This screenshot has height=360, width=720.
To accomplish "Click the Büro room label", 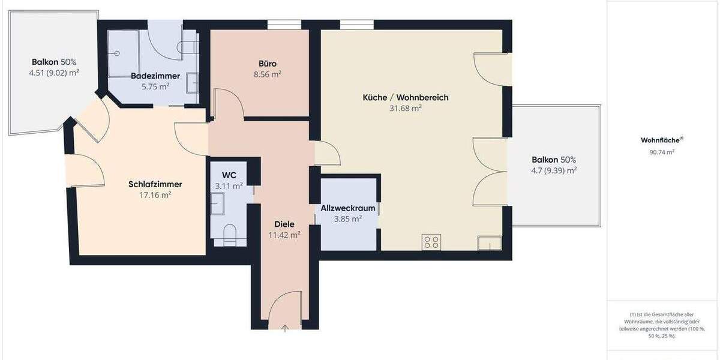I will coord(268,63).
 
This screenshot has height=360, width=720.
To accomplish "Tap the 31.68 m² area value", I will coord(406,109).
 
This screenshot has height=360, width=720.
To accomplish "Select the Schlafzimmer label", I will coord(155,184).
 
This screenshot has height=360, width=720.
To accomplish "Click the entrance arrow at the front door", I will coord(284,327).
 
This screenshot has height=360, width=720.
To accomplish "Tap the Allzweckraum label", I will coord(348,208).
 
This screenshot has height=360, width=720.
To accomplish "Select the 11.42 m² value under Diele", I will coord(284,235).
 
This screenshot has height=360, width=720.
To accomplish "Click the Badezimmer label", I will coord(150,76).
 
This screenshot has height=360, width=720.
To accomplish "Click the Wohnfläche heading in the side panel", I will coord(661,140).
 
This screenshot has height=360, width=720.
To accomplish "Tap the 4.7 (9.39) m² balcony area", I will coord(554,170).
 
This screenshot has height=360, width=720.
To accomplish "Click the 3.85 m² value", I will coord(348,219).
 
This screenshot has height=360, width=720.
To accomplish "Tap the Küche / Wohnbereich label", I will coord(406,97).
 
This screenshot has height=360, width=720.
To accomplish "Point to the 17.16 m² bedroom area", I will coord(155,195).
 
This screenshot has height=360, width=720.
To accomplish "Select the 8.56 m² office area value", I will coord(268,74).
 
